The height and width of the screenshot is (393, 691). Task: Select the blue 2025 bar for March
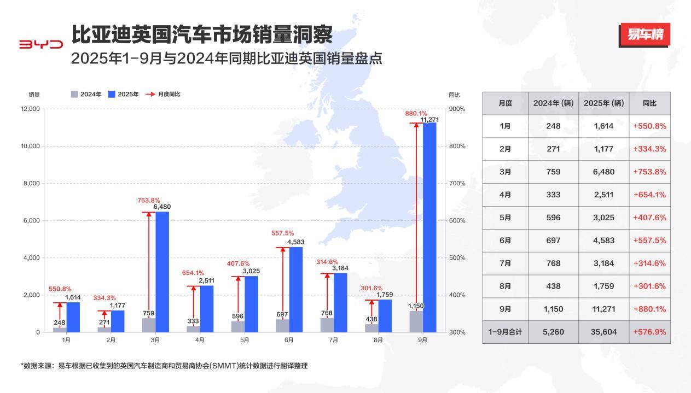[162, 272]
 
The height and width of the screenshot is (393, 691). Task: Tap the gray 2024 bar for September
[416, 321]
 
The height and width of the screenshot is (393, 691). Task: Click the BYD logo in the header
[41, 44]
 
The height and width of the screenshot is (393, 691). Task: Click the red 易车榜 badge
[644, 35]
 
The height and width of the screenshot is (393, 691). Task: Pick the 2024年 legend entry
[86, 94]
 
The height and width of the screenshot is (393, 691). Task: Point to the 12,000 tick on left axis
[31, 109]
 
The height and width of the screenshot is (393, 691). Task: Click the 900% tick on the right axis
[457, 109]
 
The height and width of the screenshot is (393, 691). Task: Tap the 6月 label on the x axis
[289, 340]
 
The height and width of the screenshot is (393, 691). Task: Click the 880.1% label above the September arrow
[416, 114]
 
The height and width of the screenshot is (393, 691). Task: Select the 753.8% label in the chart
[149, 200]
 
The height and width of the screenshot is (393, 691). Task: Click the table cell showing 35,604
[603, 332]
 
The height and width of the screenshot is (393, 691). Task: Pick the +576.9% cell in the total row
[649, 332]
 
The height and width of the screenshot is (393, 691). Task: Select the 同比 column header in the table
[649, 103]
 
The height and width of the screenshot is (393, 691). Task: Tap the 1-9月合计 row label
[506, 332]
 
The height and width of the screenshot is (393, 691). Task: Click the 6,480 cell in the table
[603, 172]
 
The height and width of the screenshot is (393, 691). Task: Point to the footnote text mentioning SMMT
[164, 366]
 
